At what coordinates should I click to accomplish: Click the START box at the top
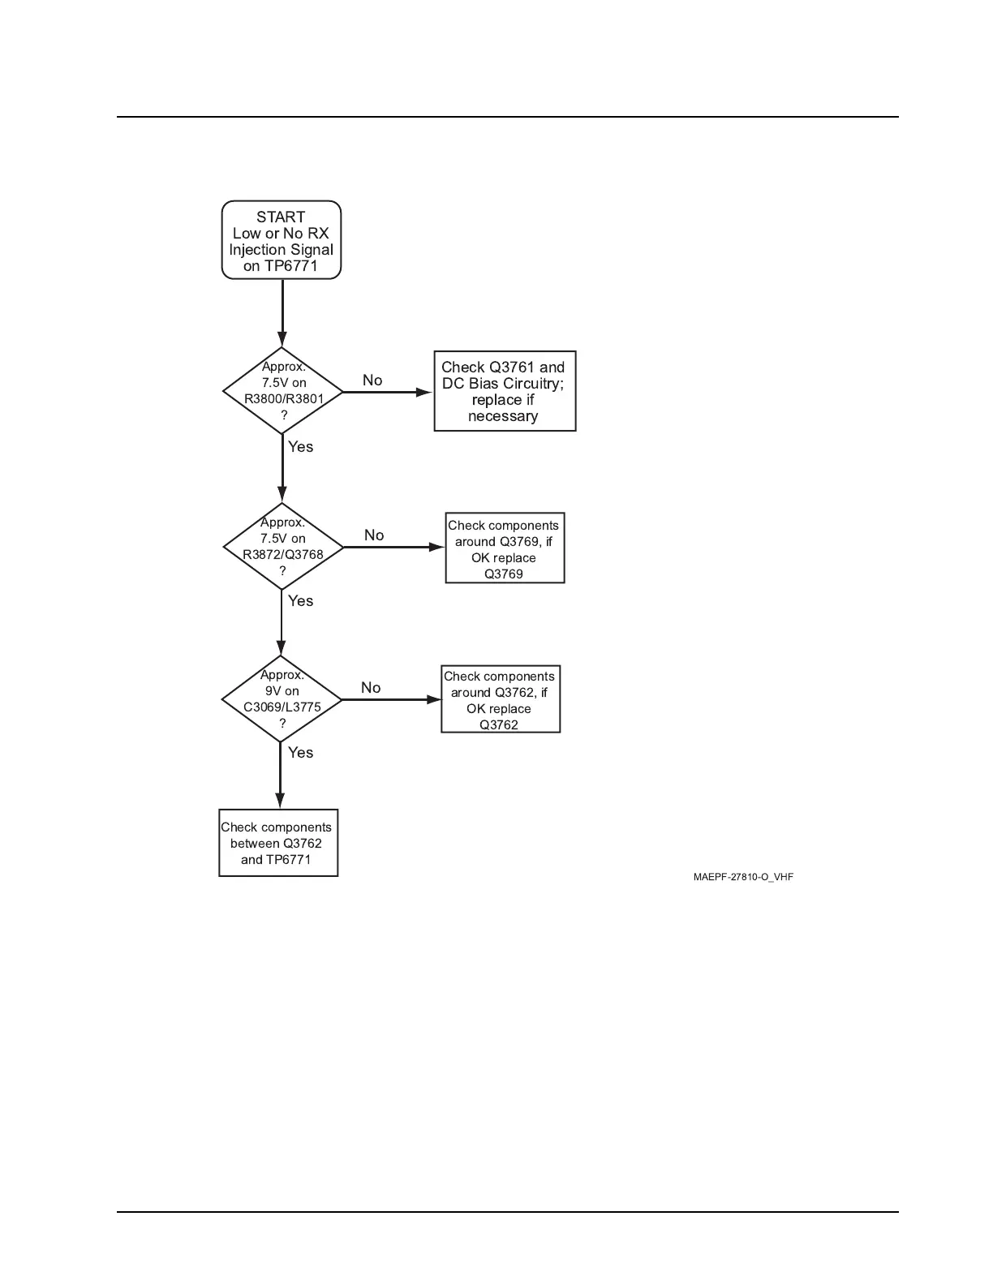[x=282, y=239]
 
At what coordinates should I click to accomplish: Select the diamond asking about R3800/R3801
[x=282, y=391]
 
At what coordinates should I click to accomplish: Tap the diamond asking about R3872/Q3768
[x=282, y=547]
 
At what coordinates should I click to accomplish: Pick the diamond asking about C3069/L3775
[x=282, y=699]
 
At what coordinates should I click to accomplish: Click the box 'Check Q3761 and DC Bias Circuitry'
[x=505, y=391]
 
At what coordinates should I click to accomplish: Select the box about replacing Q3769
[x=505, y=548]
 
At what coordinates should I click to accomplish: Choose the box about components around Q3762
[x=501, y=699]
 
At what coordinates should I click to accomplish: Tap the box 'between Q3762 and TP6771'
[x=278, y=843]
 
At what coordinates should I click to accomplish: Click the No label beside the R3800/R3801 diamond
[x=372, y=380]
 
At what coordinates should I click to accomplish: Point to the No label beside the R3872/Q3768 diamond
[x=374, y=535]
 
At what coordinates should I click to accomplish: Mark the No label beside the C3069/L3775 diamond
[x=371, y=688]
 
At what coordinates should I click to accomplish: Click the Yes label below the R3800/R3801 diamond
[x=300, y=447]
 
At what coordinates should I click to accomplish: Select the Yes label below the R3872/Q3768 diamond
[x=300, y=601]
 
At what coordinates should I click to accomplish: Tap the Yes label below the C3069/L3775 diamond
[x=300, y=753]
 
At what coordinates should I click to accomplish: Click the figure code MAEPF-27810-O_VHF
[x=743, y=877]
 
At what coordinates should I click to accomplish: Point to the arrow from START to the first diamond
[x=282, y=313]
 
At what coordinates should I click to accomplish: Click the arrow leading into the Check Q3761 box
[x=388, y=392]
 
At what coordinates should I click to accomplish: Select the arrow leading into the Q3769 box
[x=394, y=547]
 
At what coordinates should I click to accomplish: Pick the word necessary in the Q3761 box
[x=503, y=416]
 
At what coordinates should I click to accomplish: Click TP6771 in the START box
[x=290, y=266]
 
